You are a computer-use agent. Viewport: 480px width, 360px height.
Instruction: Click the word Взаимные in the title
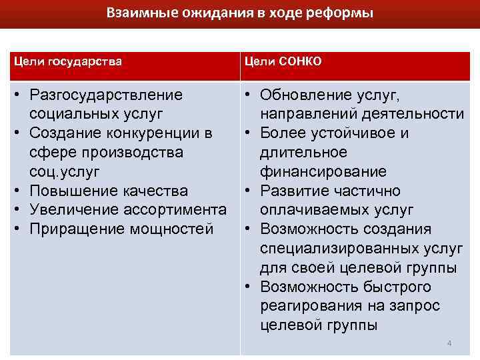tap(133, 13)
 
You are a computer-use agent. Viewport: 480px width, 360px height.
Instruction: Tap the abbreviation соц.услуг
tap(65, 172)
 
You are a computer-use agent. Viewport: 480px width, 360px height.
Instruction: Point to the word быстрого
tap(399, 287)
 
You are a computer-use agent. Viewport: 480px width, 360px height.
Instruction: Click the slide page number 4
tap(449, 343)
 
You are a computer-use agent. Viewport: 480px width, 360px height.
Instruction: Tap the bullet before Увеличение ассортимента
tap(17, 211)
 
